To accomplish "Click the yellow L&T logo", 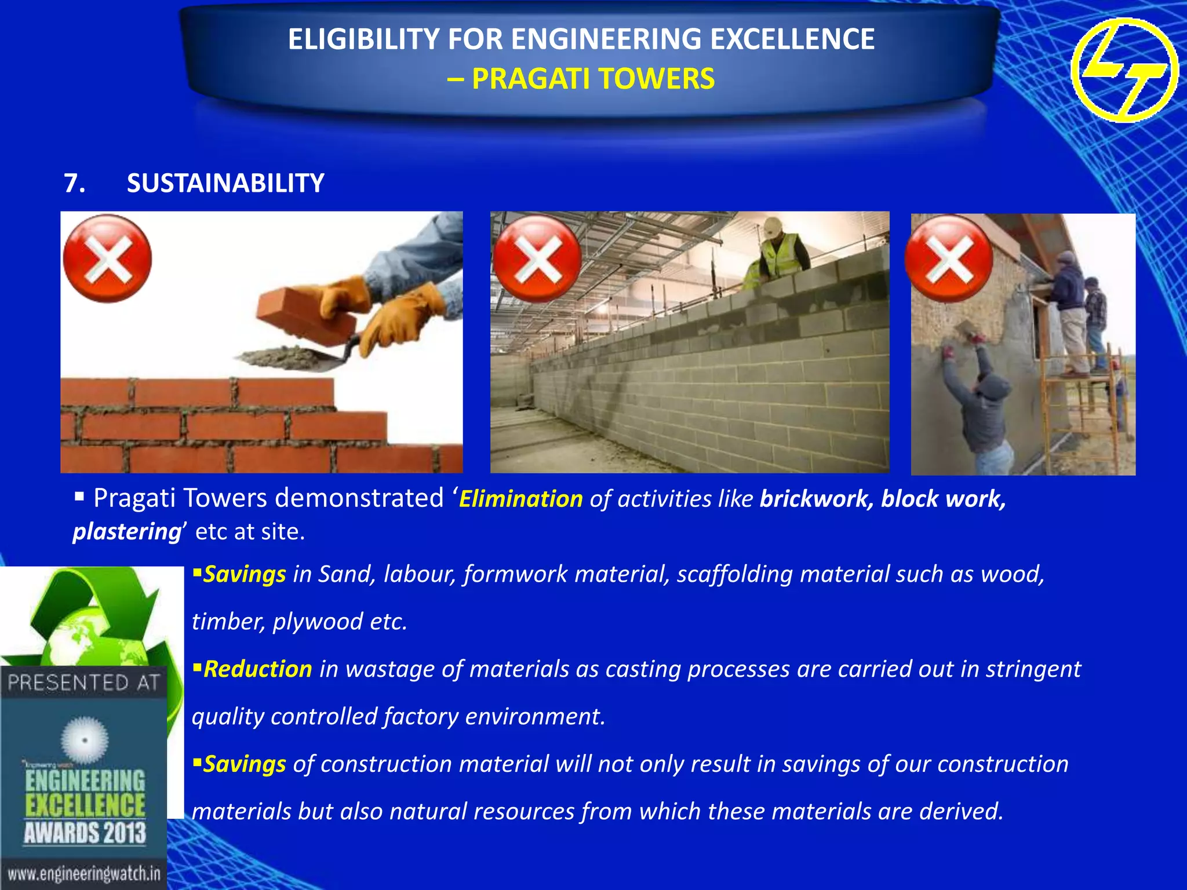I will point(1124,70).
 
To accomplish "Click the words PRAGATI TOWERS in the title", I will point(593,79).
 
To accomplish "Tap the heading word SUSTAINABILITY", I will point(225,183).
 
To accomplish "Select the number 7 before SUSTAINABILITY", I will point(74,183).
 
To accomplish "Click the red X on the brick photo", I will point(107,258).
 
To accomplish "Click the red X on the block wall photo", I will point(537,258).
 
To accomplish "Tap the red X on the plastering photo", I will point(949,258).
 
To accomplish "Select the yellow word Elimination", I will point(520,499).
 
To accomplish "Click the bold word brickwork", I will point(816,499).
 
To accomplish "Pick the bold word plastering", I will point(127,532).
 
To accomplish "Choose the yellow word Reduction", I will point(258,669).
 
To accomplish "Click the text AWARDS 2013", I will point(85,833).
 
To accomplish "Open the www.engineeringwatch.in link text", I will point(83,874).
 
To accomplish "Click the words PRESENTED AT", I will point(83,683).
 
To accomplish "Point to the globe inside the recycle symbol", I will point(87,637).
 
